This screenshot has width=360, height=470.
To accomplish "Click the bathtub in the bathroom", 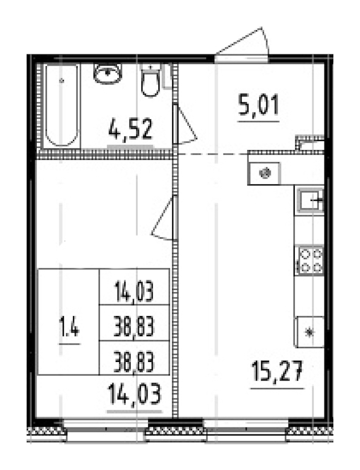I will (61, 105).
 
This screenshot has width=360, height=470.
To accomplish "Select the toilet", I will (150, 82).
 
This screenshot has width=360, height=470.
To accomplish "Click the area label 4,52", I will (131, 130).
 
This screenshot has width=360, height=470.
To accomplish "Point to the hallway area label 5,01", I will (258, 107).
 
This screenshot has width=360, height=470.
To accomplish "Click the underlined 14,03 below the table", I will (135, 395).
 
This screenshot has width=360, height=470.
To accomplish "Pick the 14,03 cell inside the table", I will (134, 294).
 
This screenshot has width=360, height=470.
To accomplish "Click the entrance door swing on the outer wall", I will (244, 45).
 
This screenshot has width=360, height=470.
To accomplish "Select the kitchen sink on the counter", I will (310, 199).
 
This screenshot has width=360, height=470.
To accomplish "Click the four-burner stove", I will (310, 260).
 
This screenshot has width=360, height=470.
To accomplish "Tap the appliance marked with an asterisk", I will (309, 332).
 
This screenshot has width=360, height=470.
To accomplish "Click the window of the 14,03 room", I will (106, 430).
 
